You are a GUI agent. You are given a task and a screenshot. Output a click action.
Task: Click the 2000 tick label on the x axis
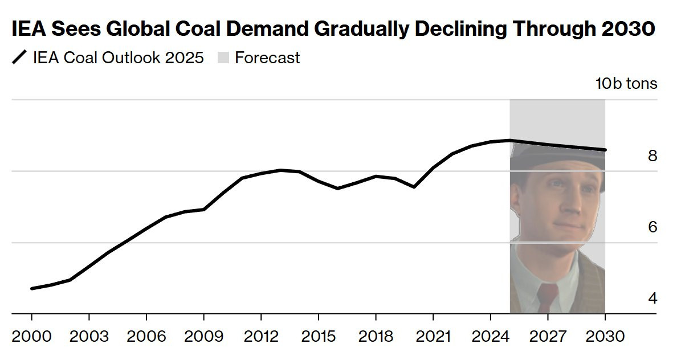pyautogui.click(x=31, y=336)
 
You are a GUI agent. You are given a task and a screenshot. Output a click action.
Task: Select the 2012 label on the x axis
pyautogui.click(x=261, y=336)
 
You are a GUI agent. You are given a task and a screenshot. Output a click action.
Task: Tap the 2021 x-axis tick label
pyautogui.click(x=433, y=336)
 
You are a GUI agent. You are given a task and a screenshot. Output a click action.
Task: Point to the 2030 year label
pyautogui.click(x=605, y=336)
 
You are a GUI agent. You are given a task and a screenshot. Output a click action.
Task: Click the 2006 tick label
pyautogui.click(x=146, y=336)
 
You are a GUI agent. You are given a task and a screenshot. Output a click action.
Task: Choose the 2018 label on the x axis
pyautogui.click(x=376, y=336)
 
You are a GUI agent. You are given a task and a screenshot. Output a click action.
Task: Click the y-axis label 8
pyautogui.click(x=652, y=156)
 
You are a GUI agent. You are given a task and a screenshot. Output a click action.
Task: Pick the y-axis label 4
pyautogui.click(x=652, y=298)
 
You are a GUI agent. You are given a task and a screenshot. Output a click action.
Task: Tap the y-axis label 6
pyautogui.click(x=652, y=227)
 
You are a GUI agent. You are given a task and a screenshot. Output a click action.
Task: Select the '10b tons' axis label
pyautogui.click(x=626, y=84)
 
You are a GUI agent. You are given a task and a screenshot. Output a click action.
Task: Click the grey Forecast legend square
pyautogui.click(x=223, y=58)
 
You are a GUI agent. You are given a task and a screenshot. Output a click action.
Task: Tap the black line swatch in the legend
pyautogui.click(x=19, y=58)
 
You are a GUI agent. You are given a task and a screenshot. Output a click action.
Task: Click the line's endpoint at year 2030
pyautogui.click(x=605, y=150)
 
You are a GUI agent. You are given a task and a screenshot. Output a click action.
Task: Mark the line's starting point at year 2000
pyautogui.click(x=32, y=288)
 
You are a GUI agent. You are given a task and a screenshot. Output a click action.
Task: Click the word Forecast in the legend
pyautogui.click(x=267, y=58)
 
